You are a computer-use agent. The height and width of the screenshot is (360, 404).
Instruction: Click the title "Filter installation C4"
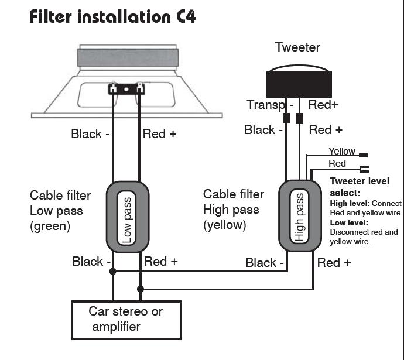[x=112, y=16]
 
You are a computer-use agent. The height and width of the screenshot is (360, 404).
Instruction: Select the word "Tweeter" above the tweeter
[x=297, y=47]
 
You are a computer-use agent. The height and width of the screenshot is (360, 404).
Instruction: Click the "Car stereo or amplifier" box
[x=126, y=318]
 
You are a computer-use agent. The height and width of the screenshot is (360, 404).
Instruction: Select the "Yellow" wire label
[x=342, y=152]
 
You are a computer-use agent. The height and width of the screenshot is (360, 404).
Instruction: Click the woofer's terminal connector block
[x=126, y=90]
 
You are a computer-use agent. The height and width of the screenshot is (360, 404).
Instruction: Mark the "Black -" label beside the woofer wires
[x=90, y=133]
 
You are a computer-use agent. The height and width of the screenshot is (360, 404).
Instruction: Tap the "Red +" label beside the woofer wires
[x=159, y=133]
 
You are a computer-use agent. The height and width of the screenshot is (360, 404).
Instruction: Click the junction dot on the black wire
[x=113, y=271]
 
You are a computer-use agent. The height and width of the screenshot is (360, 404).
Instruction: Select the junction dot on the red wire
[x=140, y=289]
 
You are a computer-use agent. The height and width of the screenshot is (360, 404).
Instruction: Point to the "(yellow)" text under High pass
[x=225, y=225]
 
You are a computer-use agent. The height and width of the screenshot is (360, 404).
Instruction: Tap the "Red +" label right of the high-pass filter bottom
[x=334, y=263]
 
